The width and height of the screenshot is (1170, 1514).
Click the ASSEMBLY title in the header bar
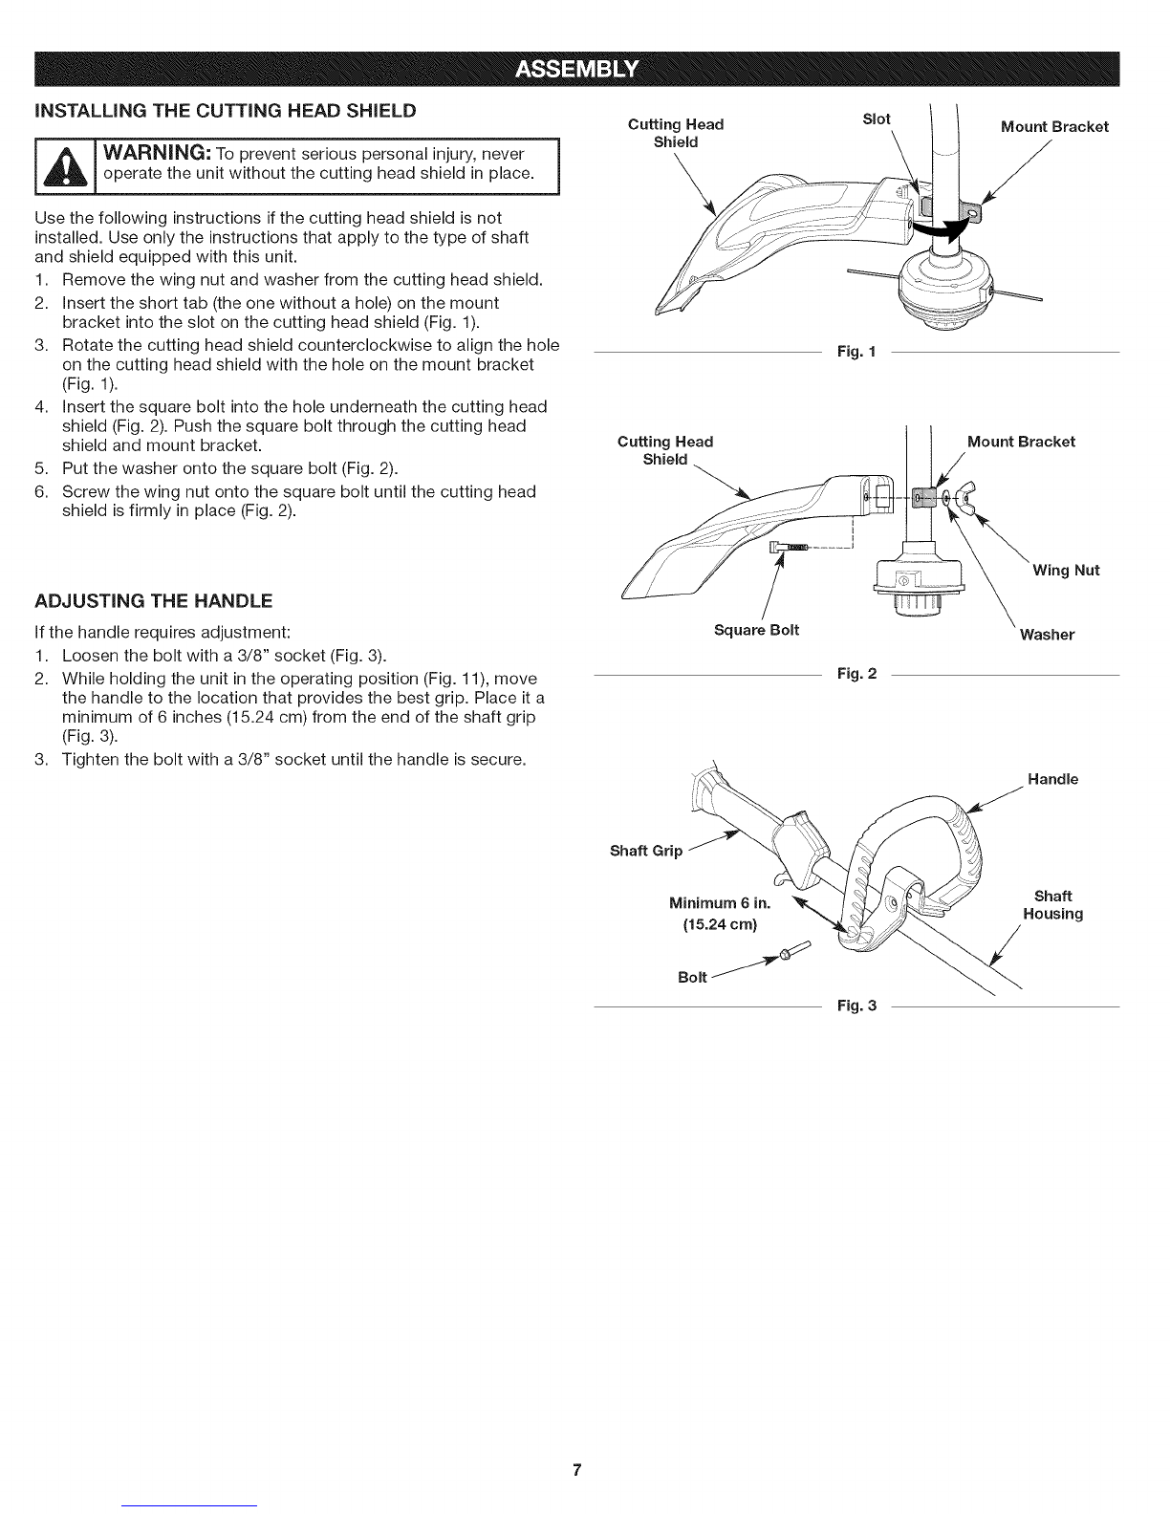click(576, 69)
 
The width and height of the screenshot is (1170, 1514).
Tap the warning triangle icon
click(65, 167)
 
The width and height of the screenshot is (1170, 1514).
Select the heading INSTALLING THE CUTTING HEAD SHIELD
click(225, 111)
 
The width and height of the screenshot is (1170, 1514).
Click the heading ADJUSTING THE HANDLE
click(153, 600)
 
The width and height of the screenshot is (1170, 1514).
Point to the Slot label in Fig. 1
click(876, 119)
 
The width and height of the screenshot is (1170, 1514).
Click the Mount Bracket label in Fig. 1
click(1054, 127)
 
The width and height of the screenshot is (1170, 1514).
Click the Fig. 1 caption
click(856, 352)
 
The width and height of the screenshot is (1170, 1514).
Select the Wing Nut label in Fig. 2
click(1066, 570)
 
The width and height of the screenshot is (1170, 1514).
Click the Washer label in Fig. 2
click(1047, 634)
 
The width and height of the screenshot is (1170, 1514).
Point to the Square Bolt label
click(756, 630)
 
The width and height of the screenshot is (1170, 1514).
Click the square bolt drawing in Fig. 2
click(789, 548)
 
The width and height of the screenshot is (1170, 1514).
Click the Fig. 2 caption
click(856, 674)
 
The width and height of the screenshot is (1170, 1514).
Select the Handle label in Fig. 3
click(1052, 779)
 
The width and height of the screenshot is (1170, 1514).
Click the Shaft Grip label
click(646, 851)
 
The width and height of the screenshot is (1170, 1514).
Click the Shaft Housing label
click(1053, 904)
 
